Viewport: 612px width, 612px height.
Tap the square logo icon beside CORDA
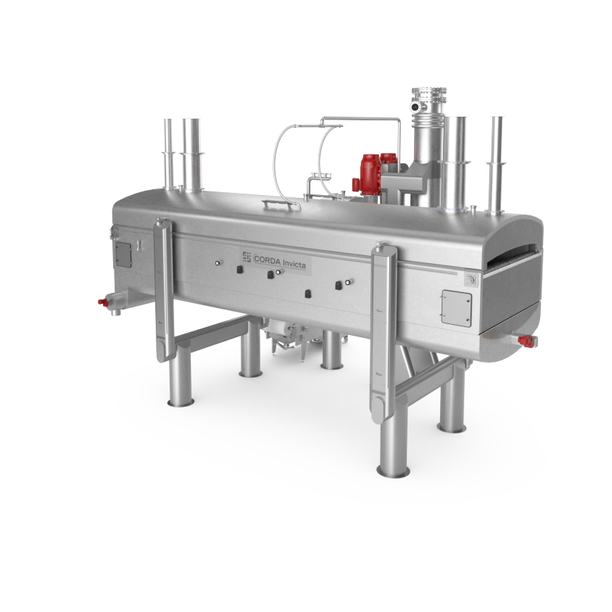pos(247,257)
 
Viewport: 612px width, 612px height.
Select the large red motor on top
pos(370,174)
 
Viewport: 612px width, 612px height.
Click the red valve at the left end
pos(103,302)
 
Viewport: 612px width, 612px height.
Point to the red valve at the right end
pos(526,341)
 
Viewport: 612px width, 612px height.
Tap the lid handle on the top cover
pos(281,204)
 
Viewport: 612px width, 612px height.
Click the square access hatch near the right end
pos(456,308)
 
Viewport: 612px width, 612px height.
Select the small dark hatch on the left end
pos(123,255)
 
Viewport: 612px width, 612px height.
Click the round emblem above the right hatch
pos(471,279)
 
